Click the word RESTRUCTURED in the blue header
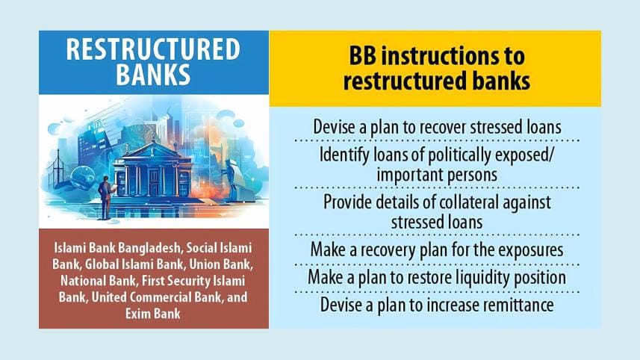[153, 49]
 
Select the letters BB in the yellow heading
[362, 56]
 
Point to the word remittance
[518, 305]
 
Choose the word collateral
[464, 202]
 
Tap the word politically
[447, 155]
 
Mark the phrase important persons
[437, 175]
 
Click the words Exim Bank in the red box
[152, 314]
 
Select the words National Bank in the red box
[98, 281]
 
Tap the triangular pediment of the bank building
[152, 151]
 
